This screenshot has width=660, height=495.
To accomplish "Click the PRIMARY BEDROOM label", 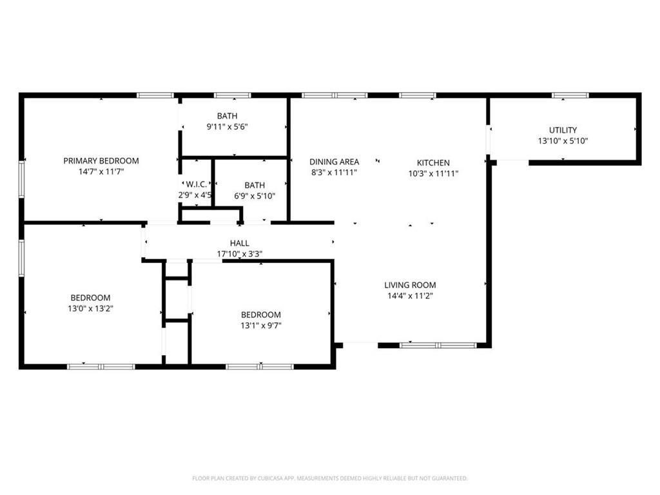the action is click(x=101, y=160).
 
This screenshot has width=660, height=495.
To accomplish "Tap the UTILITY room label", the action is click(x=563, y=130).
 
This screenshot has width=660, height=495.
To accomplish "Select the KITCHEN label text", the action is click(x=433, y=162).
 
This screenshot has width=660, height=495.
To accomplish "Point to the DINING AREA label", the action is click(x=335, y=162).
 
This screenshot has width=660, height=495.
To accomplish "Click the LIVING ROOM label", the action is click(x=410, y=285).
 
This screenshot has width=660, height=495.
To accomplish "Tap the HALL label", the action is click(x=240, y=243).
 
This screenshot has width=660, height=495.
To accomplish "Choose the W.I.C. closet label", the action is click(x=196, y=184).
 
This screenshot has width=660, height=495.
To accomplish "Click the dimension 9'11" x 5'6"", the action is click(x=228, y=126).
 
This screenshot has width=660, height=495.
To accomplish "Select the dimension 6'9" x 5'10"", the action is click(x=255, y=196).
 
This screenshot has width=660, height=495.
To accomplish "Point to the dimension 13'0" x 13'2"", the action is click(x=90, y=309).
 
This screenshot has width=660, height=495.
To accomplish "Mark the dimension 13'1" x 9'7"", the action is click(x=261, y=325).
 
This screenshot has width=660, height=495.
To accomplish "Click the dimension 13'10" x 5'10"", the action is click(x=563, y=141).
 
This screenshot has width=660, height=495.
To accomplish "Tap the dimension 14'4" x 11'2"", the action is click(x=410, y=296).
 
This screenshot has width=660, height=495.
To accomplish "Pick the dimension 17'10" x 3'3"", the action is click(x=240, y=254).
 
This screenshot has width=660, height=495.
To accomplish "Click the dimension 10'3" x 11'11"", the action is click(x=433, y=173).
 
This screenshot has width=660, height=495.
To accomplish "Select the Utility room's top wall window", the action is click(x=570, y=95).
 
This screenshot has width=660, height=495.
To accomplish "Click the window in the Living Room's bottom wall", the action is click(x=438, y=345).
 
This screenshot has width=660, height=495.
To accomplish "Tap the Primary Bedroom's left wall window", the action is click(x=21, y=179).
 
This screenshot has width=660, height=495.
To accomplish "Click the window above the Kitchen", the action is click(x=418, y=95).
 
